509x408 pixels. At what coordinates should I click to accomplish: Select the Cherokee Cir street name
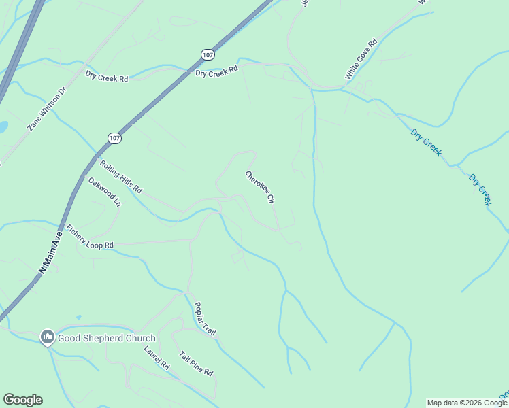click(x=260, y=188)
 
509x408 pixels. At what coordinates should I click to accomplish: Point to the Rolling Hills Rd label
click(x=120, y=176)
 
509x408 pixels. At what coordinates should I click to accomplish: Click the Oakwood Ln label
click(x=104, y=192)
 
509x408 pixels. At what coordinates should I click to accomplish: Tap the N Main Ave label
click(x=50, y=252)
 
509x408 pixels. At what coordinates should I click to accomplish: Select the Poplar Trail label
click(x=205, y=318)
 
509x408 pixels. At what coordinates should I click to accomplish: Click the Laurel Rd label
click(x=157, y=358)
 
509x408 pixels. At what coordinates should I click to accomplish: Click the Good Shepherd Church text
click(x=107, y=338)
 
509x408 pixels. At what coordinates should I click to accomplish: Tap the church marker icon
click(x=48, y=337)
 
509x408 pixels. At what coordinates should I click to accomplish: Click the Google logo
click(x=22, y=400)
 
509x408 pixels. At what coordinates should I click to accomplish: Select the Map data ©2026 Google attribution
click(x=467, y=403)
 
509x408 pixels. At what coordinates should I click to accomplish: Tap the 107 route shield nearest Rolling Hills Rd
click(x=114, y=137)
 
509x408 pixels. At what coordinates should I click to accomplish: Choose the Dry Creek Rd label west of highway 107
click(x=107, y=78)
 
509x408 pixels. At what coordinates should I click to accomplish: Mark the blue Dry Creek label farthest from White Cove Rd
click(x=480, y=189)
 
